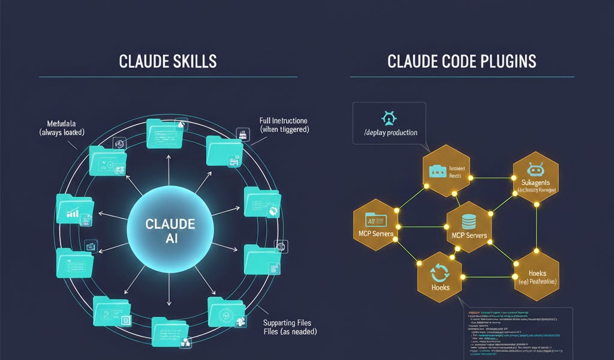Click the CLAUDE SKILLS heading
168,61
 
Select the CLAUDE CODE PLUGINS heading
462,61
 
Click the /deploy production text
390,132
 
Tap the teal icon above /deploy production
389,115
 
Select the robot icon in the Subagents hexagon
535,169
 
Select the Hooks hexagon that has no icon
535,275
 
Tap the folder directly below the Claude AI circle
170,329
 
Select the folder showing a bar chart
73,208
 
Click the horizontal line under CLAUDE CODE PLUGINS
462,77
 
